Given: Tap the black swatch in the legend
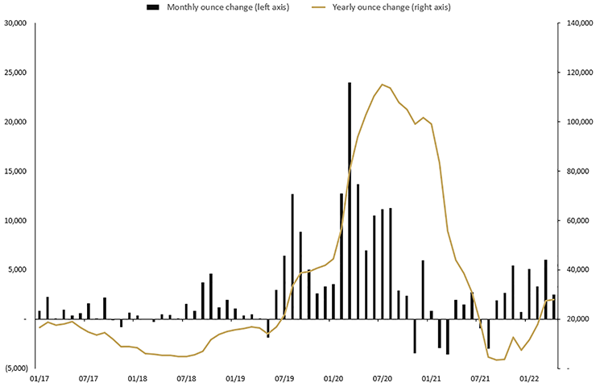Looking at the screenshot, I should pyautogui.click(x=151, y=7).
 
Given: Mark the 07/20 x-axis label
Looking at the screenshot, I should pyautogui.click(x=383, y=377).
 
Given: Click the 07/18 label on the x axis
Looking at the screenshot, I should pyautogui.click(x=186, y=377).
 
